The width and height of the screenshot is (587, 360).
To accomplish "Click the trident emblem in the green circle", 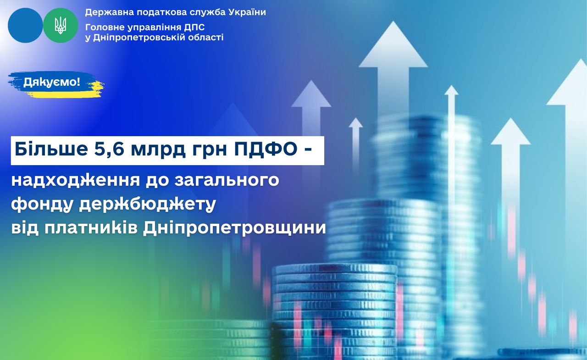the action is coord(61,25).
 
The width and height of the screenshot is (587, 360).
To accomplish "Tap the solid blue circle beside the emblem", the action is coord(25,25).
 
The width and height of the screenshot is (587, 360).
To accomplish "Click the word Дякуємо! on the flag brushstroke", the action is coord(52,82).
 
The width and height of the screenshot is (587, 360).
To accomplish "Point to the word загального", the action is coord(227,180).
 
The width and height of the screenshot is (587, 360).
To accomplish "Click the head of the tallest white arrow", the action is coord(393,44).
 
